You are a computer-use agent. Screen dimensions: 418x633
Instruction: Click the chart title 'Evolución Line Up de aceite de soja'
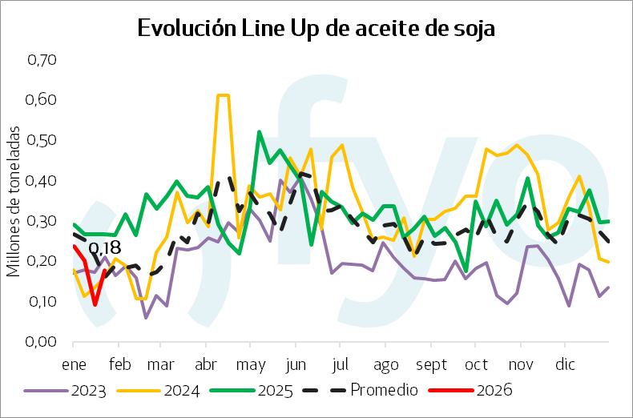[x=316, y=28]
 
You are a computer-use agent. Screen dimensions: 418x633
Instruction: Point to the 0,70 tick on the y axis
[x=43, y=59]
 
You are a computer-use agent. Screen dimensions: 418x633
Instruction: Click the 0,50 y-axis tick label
[x=43, y=140]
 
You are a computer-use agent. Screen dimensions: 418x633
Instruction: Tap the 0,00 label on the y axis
[x=43, y=342]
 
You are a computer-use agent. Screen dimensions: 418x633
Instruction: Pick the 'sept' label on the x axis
[x=431, y=365]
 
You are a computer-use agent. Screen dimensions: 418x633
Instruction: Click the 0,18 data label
[x=104, y=248]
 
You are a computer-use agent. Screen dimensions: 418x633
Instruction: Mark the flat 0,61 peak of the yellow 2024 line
[x=223, y=95]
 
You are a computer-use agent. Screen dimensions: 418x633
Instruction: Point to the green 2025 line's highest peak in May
[x=259, y=132]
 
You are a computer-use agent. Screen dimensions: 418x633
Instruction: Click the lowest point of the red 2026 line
[x=95, y=304]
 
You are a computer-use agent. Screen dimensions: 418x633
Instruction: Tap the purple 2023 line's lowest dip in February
[x=146, y=317]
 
